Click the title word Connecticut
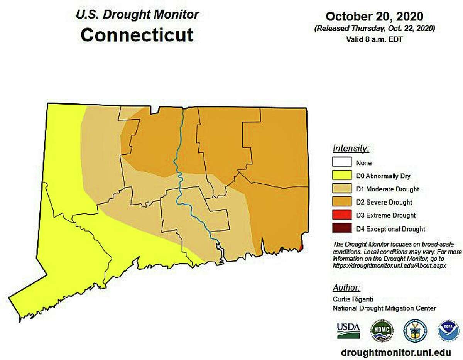137,35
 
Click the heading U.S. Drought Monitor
137,15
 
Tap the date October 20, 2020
374,16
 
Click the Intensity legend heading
351,148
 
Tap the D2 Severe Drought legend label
384,202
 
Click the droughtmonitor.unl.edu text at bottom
396,353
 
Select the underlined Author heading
346,287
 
